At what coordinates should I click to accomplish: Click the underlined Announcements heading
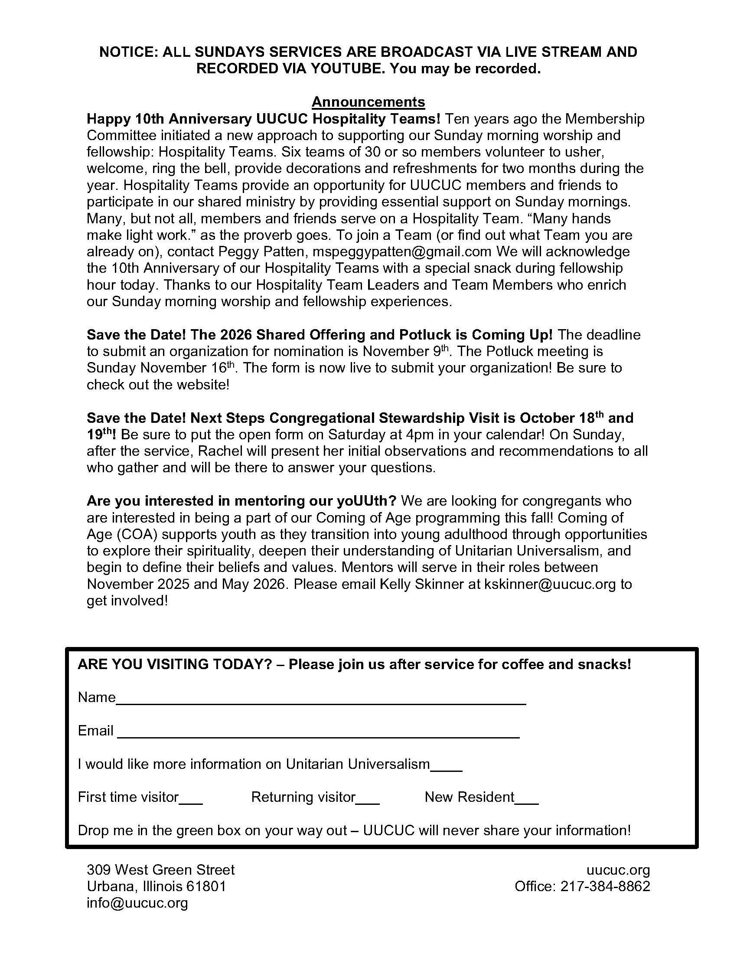click(368, 102)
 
